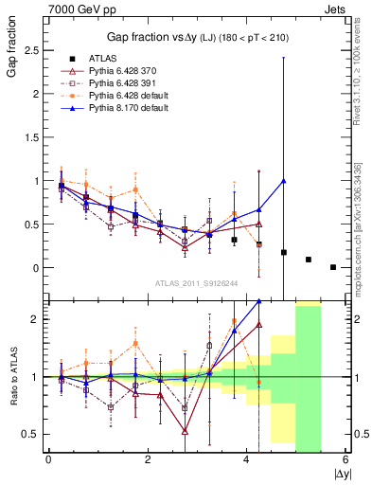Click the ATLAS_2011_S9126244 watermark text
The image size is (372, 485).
(197, 281)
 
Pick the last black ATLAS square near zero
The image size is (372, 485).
(333, 267)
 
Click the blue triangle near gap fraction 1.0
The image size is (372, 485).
(284, 181)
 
